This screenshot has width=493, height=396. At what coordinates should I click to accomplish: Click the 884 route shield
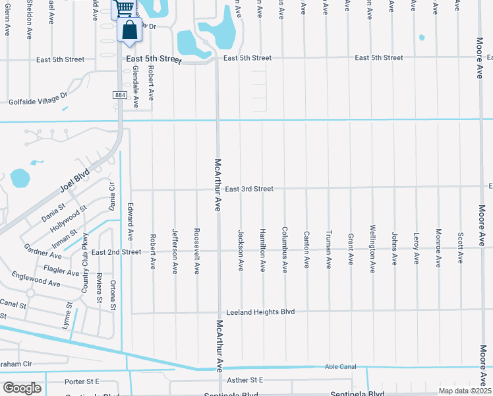pyautogui.click(x=119, y=96)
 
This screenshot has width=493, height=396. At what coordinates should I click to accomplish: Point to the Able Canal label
pyautogui.click(x=340, y=367)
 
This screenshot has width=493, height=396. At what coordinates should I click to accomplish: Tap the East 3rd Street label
pyautogui.click(x=249, y=189)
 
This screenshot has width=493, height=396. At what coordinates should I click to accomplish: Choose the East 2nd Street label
pyautogui.click(x=116, y=252)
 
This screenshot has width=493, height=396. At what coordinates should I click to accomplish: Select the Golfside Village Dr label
pyautogui.click(x=38, y=101)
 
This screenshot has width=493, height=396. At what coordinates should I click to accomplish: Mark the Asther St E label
pyautogui.click(x=244, y=379)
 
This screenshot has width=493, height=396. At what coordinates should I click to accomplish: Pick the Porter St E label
pyautogui.click(x=82, y=381)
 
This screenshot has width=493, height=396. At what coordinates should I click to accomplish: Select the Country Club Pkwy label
pyautogui.click(x=85, y=263)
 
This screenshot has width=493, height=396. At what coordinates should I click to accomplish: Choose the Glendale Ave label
pyautogui.click(x=136, y=86)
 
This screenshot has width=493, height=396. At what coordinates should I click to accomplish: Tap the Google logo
pyautogui.click(x=22, y=388)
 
